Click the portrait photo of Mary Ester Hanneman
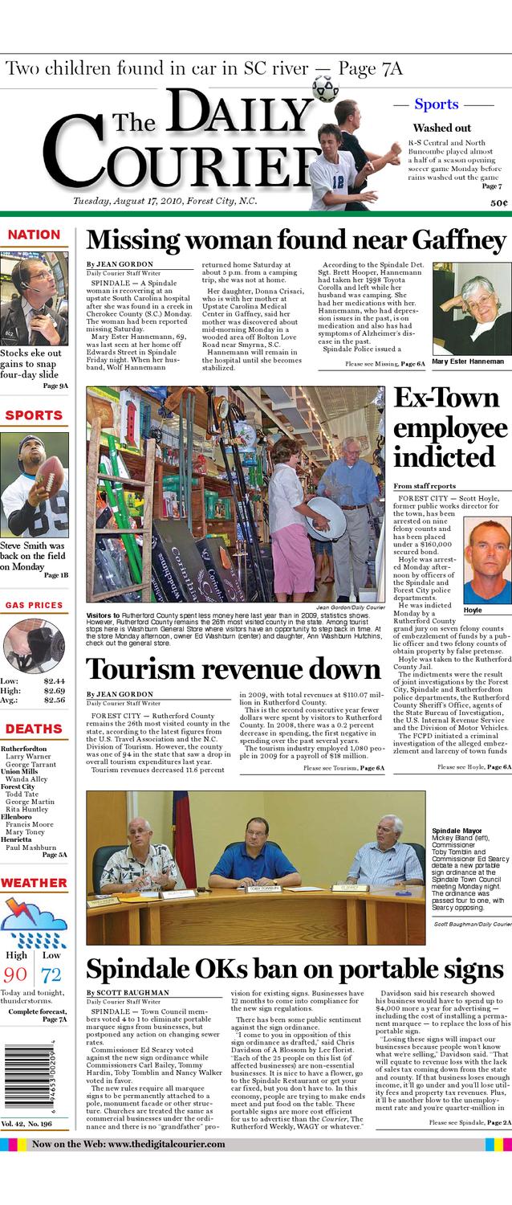click(471, 309)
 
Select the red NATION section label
click(34, 235)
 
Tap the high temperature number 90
click(16, 975)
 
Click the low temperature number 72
click(51, 975)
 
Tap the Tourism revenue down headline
click(233, 669)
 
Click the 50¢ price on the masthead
click(498, 203)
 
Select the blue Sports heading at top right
click(436, 104)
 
